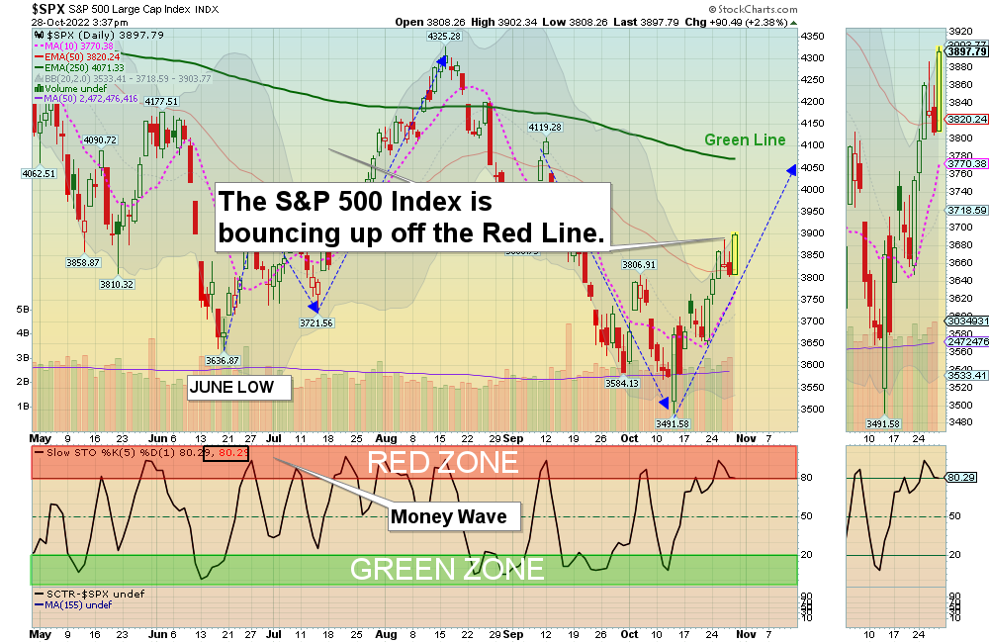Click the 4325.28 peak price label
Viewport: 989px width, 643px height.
pos(444,37)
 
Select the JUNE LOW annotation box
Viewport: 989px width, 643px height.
pos(240,387)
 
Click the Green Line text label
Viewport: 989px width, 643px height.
pos(745,140)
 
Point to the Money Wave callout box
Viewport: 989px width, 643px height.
pos(448,516)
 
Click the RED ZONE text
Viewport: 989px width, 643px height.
pos(443,462)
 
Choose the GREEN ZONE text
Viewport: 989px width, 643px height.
pos(447,569)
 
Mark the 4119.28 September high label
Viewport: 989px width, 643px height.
pos(545,127)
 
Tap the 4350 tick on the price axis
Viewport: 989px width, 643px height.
pos(813,36)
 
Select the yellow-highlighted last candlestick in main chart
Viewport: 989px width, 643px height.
pos(736,255)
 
